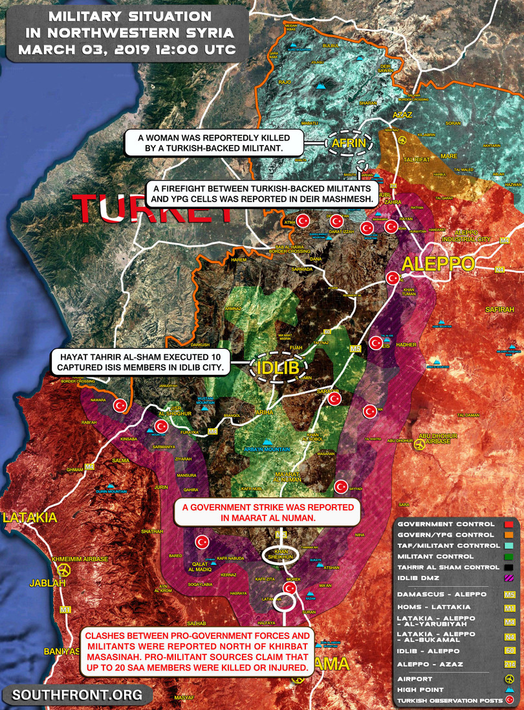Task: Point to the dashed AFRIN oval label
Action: point(349,143)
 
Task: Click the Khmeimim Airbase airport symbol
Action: point(63,570)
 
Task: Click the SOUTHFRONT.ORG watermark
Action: point(77,695)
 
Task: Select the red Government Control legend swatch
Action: point(508,524)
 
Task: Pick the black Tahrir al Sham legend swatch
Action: point(508,568)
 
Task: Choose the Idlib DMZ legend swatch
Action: point(508,578)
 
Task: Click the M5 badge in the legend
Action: point(508,594)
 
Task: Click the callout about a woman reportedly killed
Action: point(213,143)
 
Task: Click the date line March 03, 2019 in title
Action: point(126,49)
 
